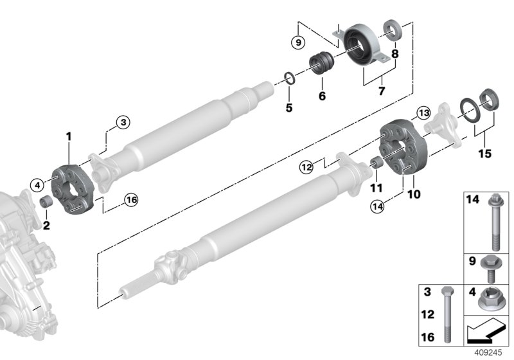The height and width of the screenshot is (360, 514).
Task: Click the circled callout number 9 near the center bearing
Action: tap(296, 43)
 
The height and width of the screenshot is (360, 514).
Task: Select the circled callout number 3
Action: tap(123, 122)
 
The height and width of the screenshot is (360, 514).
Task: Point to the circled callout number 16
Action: tap(131, 201)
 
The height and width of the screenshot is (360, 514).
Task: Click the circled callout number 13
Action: tap(423, 113)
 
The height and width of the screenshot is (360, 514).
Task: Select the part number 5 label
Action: tap(289, 108)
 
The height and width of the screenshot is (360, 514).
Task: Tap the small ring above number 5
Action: tap(290, 79)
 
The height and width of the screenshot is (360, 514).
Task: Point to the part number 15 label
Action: tap(484, 154)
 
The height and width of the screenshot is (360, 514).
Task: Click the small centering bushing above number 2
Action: tap(46, 203)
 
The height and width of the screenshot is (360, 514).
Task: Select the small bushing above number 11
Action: tap(378, 163)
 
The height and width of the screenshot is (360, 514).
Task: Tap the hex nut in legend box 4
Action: tap(493, 299)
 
